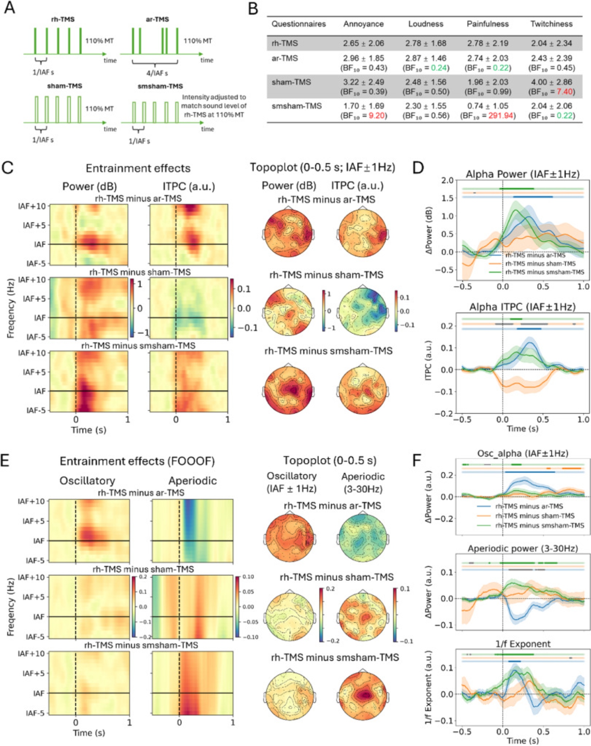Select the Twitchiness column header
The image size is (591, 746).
coord(551,24)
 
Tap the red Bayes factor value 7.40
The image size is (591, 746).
coord(563,92)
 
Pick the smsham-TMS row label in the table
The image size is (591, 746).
coord(296,106)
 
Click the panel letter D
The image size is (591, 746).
coord(419,167)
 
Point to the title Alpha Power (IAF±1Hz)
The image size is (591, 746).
coord(522,174)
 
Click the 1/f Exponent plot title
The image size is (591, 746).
coord(523,644)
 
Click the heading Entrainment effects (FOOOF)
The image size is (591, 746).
coord(137,461)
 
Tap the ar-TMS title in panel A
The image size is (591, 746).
coord(157,19)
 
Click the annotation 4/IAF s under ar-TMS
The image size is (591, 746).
coord(157,73)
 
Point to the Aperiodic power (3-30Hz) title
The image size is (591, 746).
coord(523,549)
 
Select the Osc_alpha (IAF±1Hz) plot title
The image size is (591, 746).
coord(523,454)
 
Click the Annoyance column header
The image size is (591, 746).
coord(363,24)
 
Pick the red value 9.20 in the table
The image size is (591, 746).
coord(376,116)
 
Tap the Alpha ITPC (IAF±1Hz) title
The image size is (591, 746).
coord(522,307)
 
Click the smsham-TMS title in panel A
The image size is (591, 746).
coord(160,86)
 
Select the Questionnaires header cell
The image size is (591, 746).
coord(298,24)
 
